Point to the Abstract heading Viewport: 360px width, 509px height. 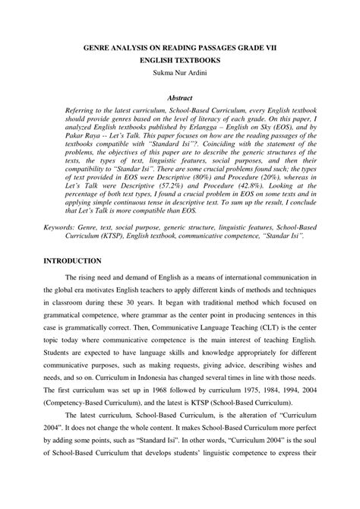click(179, 98)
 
